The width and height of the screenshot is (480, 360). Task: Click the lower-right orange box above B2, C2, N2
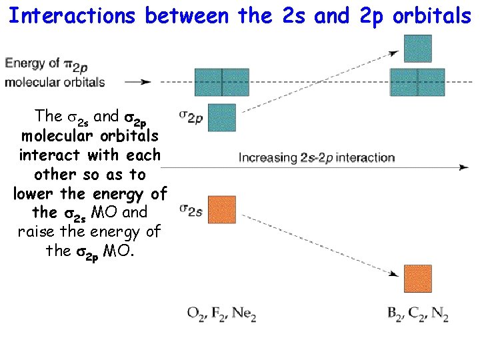(x=418, y=279)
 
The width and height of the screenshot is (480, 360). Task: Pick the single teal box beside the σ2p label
(x=222, y=118)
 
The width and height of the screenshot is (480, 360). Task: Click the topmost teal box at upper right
(x=418, y=49)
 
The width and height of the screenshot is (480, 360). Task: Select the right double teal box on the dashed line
(x=417, y=82)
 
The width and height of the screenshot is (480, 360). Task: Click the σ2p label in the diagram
(x=191, y=117)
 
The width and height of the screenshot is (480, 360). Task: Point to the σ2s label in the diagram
(x=191, y=210)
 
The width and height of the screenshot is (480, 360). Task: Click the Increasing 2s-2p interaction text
(x=317, y=158)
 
